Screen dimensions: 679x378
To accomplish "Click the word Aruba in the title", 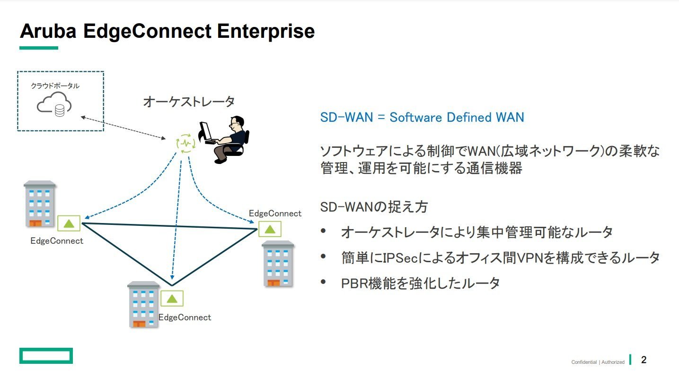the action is [48, 31].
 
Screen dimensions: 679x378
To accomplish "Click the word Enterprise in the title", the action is [266, 31].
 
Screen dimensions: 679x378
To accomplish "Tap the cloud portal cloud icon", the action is [54, 104].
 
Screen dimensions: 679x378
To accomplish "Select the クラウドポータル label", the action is [55, 86].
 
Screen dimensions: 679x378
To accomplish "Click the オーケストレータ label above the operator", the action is [189, 102].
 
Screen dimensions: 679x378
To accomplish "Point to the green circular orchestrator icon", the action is [186, 143].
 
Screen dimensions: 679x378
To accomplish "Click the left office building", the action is [40, 204].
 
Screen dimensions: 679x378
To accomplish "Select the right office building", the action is [278, 264].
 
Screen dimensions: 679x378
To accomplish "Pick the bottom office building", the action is [143, 304].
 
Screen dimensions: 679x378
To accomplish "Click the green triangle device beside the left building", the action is [69, 223].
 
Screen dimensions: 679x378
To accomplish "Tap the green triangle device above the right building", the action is [270, 229].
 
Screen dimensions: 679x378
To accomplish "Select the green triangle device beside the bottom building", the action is [172, 299].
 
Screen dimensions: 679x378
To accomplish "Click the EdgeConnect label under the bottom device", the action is [185, 318].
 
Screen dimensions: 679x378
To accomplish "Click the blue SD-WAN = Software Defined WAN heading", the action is [422, 118].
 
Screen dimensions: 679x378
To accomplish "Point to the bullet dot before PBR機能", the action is [323, 282].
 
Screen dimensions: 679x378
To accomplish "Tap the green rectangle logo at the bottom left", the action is [46, 356].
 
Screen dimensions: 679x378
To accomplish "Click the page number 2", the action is [644, 360].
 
